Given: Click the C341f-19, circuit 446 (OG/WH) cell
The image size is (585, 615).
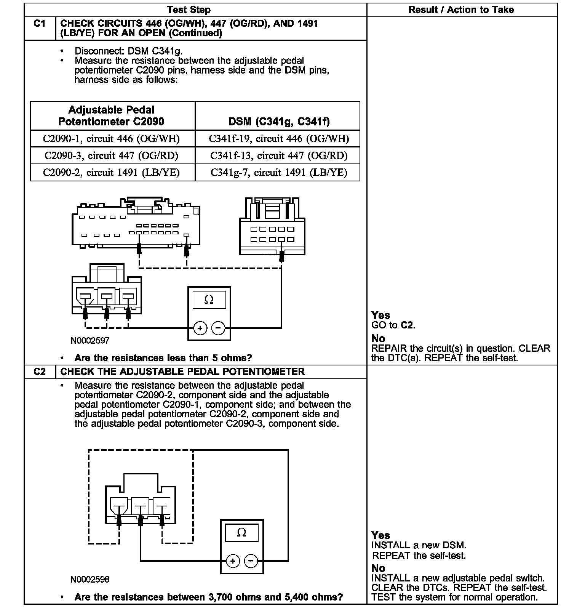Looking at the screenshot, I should (x=279, y=139).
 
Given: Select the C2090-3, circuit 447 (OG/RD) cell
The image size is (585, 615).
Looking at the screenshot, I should (x=111, y=155).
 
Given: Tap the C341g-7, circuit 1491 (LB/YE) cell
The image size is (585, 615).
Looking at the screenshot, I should (x=279, y=173).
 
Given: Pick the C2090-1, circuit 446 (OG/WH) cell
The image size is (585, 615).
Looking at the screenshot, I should (x=111, y=139).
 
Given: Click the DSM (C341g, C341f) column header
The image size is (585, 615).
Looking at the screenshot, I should (x=279, y=122).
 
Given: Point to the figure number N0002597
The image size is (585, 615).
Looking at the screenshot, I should (x=90, y=341).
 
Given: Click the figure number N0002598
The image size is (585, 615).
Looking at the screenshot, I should (x=90, y=580).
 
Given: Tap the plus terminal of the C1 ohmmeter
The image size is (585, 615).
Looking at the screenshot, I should (x=200, y=328).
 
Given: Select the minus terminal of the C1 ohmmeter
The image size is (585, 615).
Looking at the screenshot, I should (x=218, y=328).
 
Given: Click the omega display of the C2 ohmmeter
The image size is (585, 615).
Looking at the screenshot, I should (x=241, y=533).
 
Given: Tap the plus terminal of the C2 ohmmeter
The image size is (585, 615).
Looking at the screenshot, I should (x=233, y=561).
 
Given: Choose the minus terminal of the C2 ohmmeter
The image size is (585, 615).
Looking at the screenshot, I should (x=251, y=561).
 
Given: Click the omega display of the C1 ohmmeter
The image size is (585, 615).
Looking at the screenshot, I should (x=209, y=300).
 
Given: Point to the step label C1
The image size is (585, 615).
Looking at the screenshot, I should (x=40, y=24).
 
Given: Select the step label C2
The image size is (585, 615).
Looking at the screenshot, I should (x=40, y=372).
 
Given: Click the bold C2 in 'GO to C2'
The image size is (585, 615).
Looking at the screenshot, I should (x=407, y=325).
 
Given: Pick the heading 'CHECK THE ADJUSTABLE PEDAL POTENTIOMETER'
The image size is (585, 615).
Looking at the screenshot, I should (x=182, y=372).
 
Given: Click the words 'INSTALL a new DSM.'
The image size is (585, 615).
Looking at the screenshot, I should (x=419, y=546).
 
